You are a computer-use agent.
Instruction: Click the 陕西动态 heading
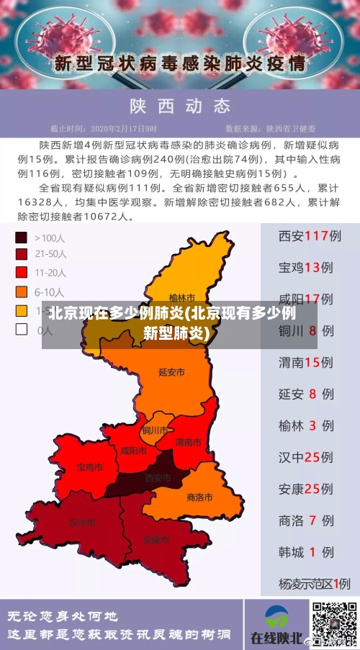pyautogui.click(x=179, y=106)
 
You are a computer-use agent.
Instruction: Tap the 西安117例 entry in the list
pyautogui.click(x=310, y=235)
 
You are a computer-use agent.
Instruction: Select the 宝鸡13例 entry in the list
pyautogui.click(x=310, y=267)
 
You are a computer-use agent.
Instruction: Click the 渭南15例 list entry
pyautogui.click(x=310, y=362)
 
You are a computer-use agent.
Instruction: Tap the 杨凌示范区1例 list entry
pyautogui.click(x=314, y=584)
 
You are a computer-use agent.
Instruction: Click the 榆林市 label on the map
pyautogui.click(x=181, y=297)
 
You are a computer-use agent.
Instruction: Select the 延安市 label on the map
pyautogui.click(x=171, y=372)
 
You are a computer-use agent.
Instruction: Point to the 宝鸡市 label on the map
pyautogui.click(x=89, y=467)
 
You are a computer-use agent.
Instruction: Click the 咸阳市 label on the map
pyautogui.click(x=133, y=451)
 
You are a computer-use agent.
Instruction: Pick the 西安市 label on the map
pyautogui.click(x=158, y=478)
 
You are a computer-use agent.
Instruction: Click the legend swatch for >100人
pyautogui.click(x=22, y=237)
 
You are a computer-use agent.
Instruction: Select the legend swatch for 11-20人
pyautogui.click(x=22, y=273)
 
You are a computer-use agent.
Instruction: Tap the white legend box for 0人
pyautogui.click(x=22, y=330)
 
